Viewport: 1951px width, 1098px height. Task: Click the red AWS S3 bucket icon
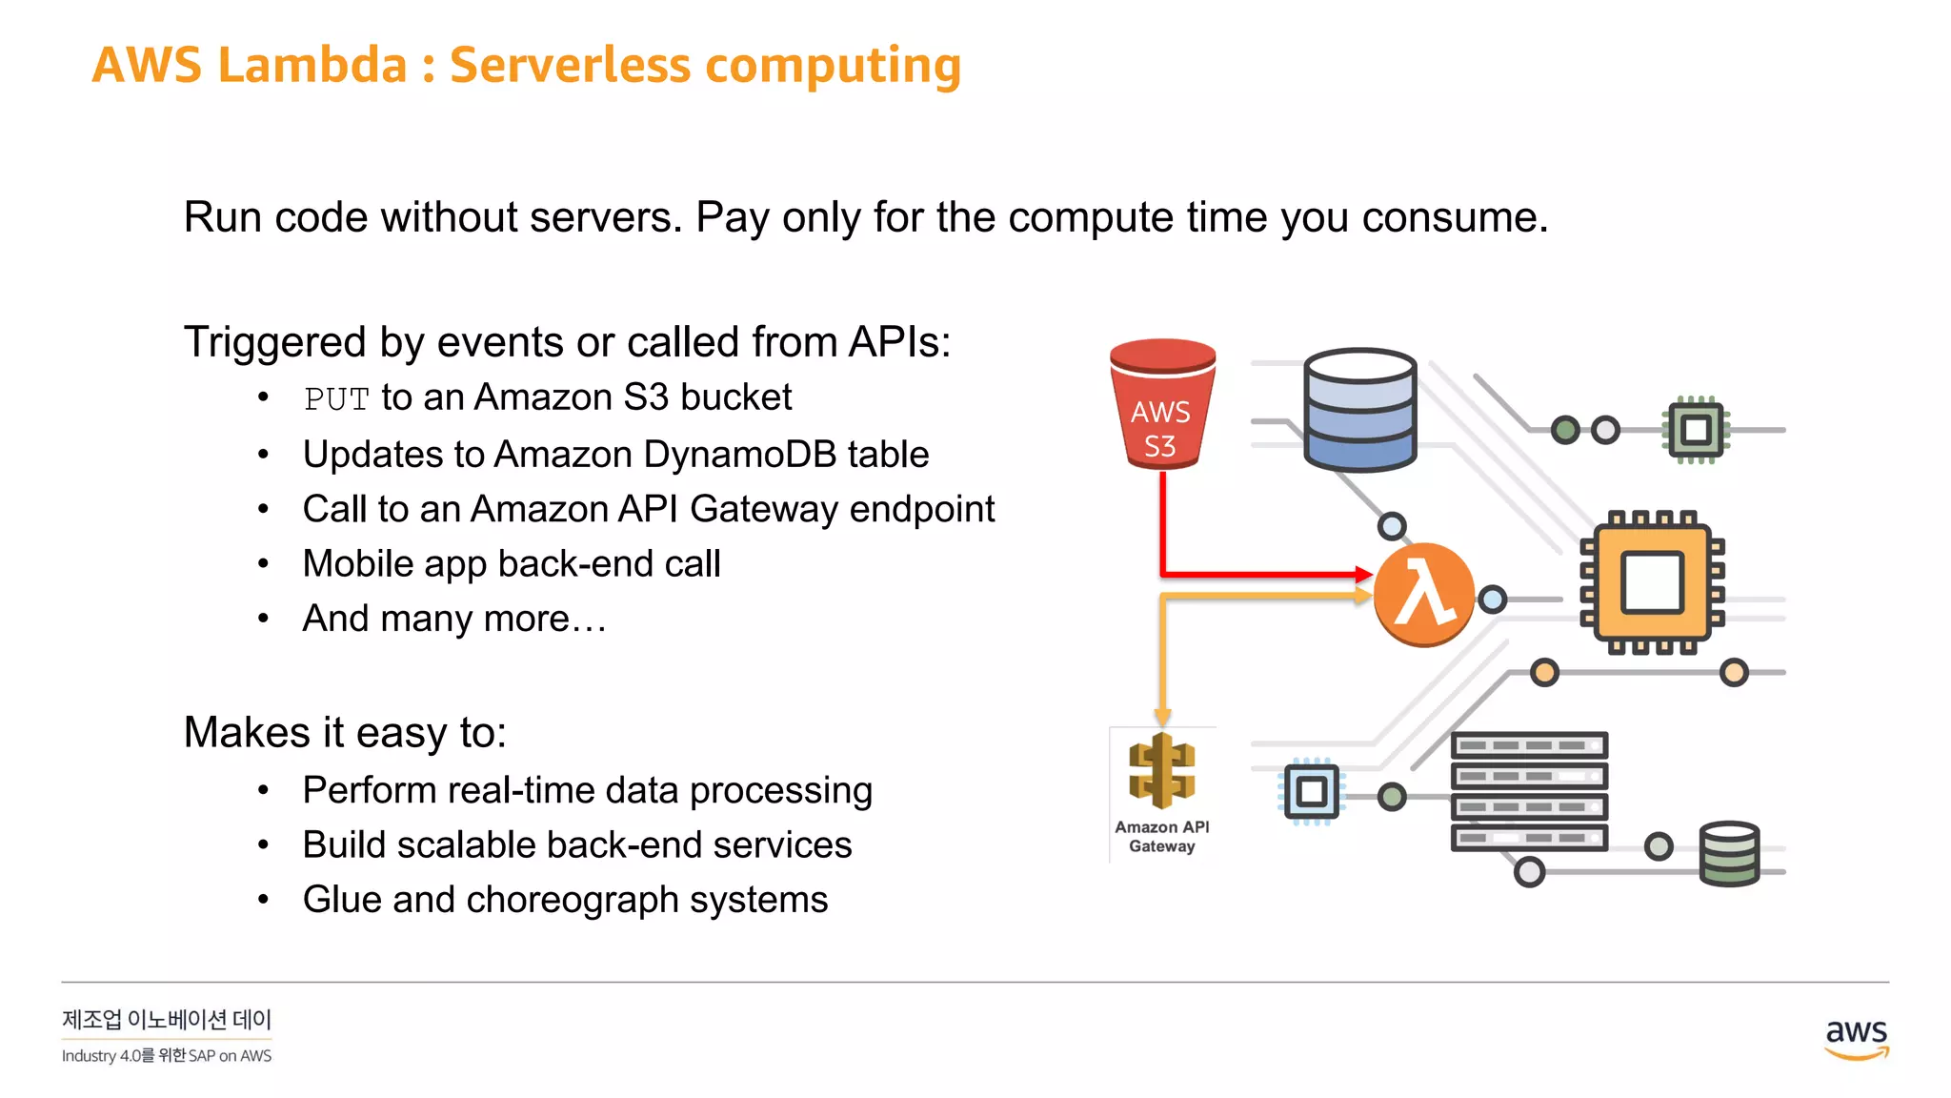(x=1161, y=405)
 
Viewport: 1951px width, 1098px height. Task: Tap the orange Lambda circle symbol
(x=1423, y=595)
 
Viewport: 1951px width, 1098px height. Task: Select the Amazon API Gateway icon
(x=1161, y=772)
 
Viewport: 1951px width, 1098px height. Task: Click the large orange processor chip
(x=1652, y=582)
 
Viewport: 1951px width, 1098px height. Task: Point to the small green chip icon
(x=1696, y=430)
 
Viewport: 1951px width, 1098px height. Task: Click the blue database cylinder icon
(x=1359, y=410)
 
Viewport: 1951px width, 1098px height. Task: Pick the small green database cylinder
(x=1729, y=854)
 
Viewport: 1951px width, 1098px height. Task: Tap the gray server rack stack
(x=1529, y=791)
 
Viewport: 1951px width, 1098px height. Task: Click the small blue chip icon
(x=1311, y=791)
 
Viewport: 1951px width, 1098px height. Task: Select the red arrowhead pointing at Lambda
(x=1363, y=574)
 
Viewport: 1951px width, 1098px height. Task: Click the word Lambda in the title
(x=312, y=66)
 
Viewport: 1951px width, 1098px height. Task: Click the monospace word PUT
(x=336, y=399)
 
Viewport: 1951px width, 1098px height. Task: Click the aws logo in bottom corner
(x=1856, y=1038)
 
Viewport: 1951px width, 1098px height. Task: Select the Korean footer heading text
(x=167, y=1020)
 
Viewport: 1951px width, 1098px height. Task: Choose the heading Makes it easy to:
(x=345, y=733)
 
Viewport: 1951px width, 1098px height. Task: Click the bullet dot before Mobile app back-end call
(x=264, y=564)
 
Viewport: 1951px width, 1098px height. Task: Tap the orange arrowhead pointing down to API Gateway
(x=1162, y=717)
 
